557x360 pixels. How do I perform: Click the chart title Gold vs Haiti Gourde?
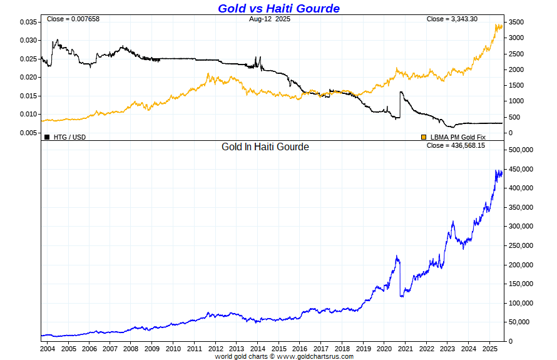point(278,8)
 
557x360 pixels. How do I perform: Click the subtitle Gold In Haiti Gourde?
point(265,147)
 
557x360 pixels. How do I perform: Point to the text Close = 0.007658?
point(73,19)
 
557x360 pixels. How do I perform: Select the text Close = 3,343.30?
point(452,19)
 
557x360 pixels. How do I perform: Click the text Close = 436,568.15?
point(456,145)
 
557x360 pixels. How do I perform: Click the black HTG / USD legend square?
point(47,136)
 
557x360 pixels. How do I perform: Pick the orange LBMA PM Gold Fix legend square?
point(424,136)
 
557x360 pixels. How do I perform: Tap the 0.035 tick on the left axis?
point(29,22)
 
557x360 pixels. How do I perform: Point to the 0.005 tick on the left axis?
point(29,133)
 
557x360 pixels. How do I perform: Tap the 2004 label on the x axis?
point(48,349)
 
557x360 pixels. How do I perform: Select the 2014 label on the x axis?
point(258,349)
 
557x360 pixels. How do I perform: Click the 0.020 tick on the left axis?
point(29,77)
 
